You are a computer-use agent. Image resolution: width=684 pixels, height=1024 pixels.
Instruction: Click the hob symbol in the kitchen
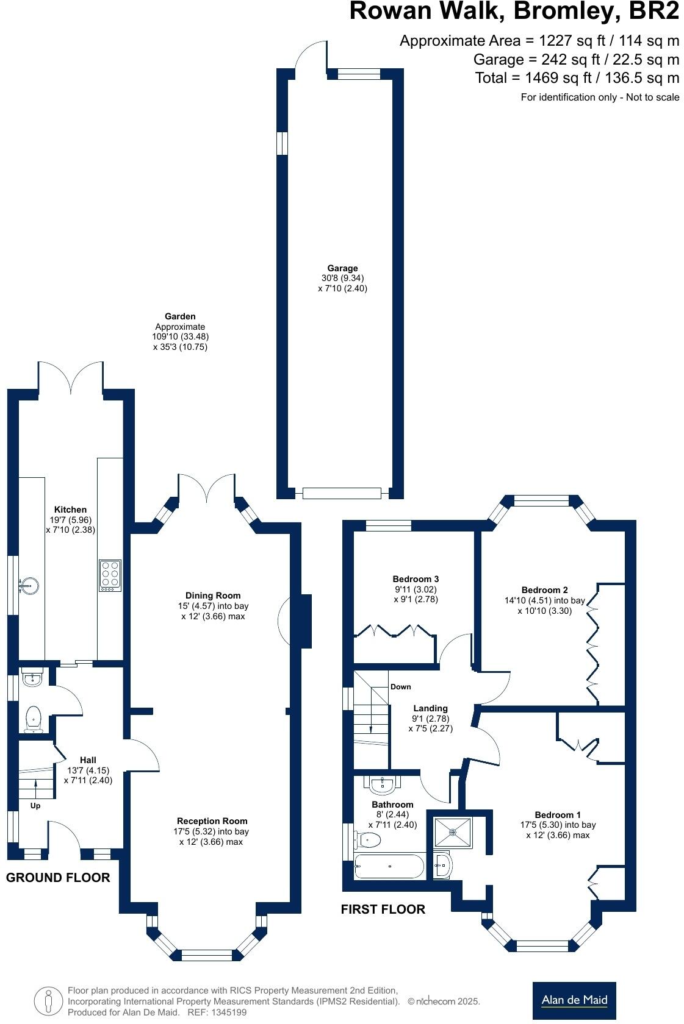pos(110,575)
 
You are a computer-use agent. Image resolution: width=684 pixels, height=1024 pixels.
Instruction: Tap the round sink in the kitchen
pos(29,586)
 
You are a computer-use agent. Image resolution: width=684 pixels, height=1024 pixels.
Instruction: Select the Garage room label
pos(342,268)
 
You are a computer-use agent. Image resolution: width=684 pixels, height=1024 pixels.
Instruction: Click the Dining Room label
pos(213,596)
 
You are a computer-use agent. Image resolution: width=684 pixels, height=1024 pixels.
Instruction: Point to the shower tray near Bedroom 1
pos(452,833)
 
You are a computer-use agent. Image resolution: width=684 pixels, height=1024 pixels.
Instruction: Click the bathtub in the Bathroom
pos(389,866)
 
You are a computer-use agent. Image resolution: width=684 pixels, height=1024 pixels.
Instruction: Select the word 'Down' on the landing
pos(401,687)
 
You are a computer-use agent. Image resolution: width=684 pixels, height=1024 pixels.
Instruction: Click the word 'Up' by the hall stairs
pos(35,806)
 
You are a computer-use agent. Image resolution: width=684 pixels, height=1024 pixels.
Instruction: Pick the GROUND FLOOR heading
pos(58,878)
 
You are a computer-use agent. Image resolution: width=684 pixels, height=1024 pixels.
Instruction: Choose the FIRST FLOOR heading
pos(383,909)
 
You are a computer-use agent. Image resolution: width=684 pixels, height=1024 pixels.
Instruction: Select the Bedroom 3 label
pos(416,579)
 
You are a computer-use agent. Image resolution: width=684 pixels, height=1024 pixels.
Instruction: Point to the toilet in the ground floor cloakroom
pos(33,719)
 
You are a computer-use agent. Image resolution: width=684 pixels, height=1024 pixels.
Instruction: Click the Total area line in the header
pos(577,78)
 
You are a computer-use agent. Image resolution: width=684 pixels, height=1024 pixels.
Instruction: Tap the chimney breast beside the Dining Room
pos(304,621)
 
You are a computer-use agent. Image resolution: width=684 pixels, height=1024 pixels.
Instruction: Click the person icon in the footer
pos(48,1001)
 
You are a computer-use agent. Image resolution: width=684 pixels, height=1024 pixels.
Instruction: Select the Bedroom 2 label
pos(544,590)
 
